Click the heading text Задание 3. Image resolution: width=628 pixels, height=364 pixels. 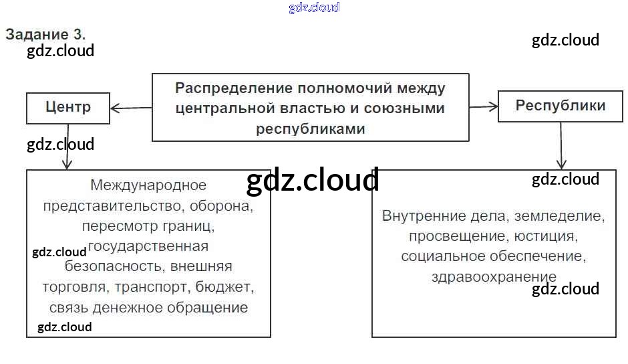(45, 34)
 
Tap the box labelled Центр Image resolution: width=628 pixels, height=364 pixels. (68, 107)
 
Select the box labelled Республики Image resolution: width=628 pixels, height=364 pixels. (561, 106)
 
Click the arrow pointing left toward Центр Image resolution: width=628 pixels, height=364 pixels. (131, 107)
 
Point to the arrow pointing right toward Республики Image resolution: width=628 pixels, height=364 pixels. (484, 106)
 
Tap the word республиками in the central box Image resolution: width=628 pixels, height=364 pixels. (310, 128)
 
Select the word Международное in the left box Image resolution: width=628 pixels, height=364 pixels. (148, 185)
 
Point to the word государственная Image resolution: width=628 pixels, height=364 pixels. (148, 246)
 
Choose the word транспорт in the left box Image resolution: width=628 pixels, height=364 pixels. (153, 287)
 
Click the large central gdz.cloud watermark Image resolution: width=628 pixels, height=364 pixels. (312, 180)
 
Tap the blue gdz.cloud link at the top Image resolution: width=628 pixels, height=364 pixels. (314, 7)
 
